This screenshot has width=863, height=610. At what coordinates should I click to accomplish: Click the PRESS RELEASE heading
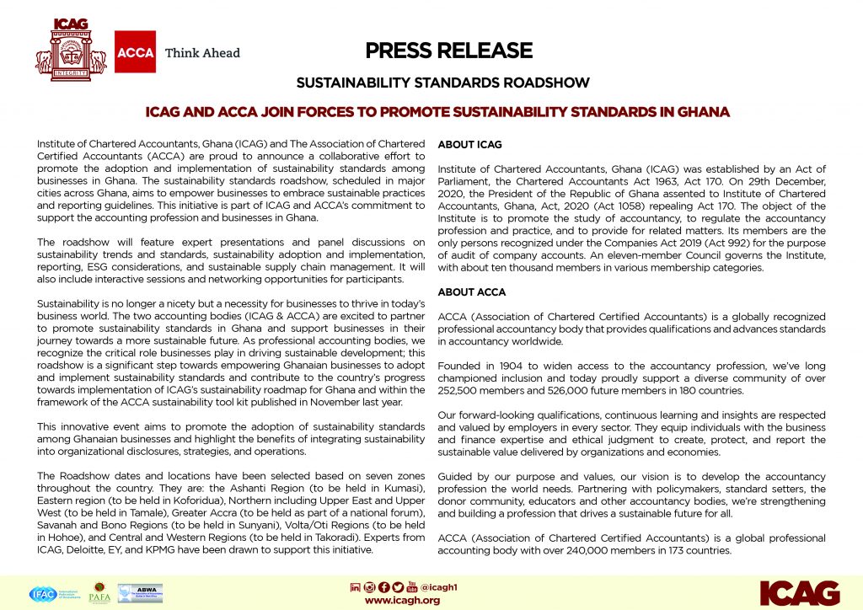pos(449,51)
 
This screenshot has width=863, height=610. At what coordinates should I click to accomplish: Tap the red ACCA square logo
pos(135,52)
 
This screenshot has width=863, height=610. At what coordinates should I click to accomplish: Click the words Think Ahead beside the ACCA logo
pos(202,53)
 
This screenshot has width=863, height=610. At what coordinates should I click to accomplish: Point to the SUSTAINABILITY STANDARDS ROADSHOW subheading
pos(442,83)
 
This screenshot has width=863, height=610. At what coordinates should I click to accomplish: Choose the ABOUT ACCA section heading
pos(472,292)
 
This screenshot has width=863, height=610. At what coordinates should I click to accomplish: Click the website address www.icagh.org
pos(402,600)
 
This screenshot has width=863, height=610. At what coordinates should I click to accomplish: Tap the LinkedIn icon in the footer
pos(355,586)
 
